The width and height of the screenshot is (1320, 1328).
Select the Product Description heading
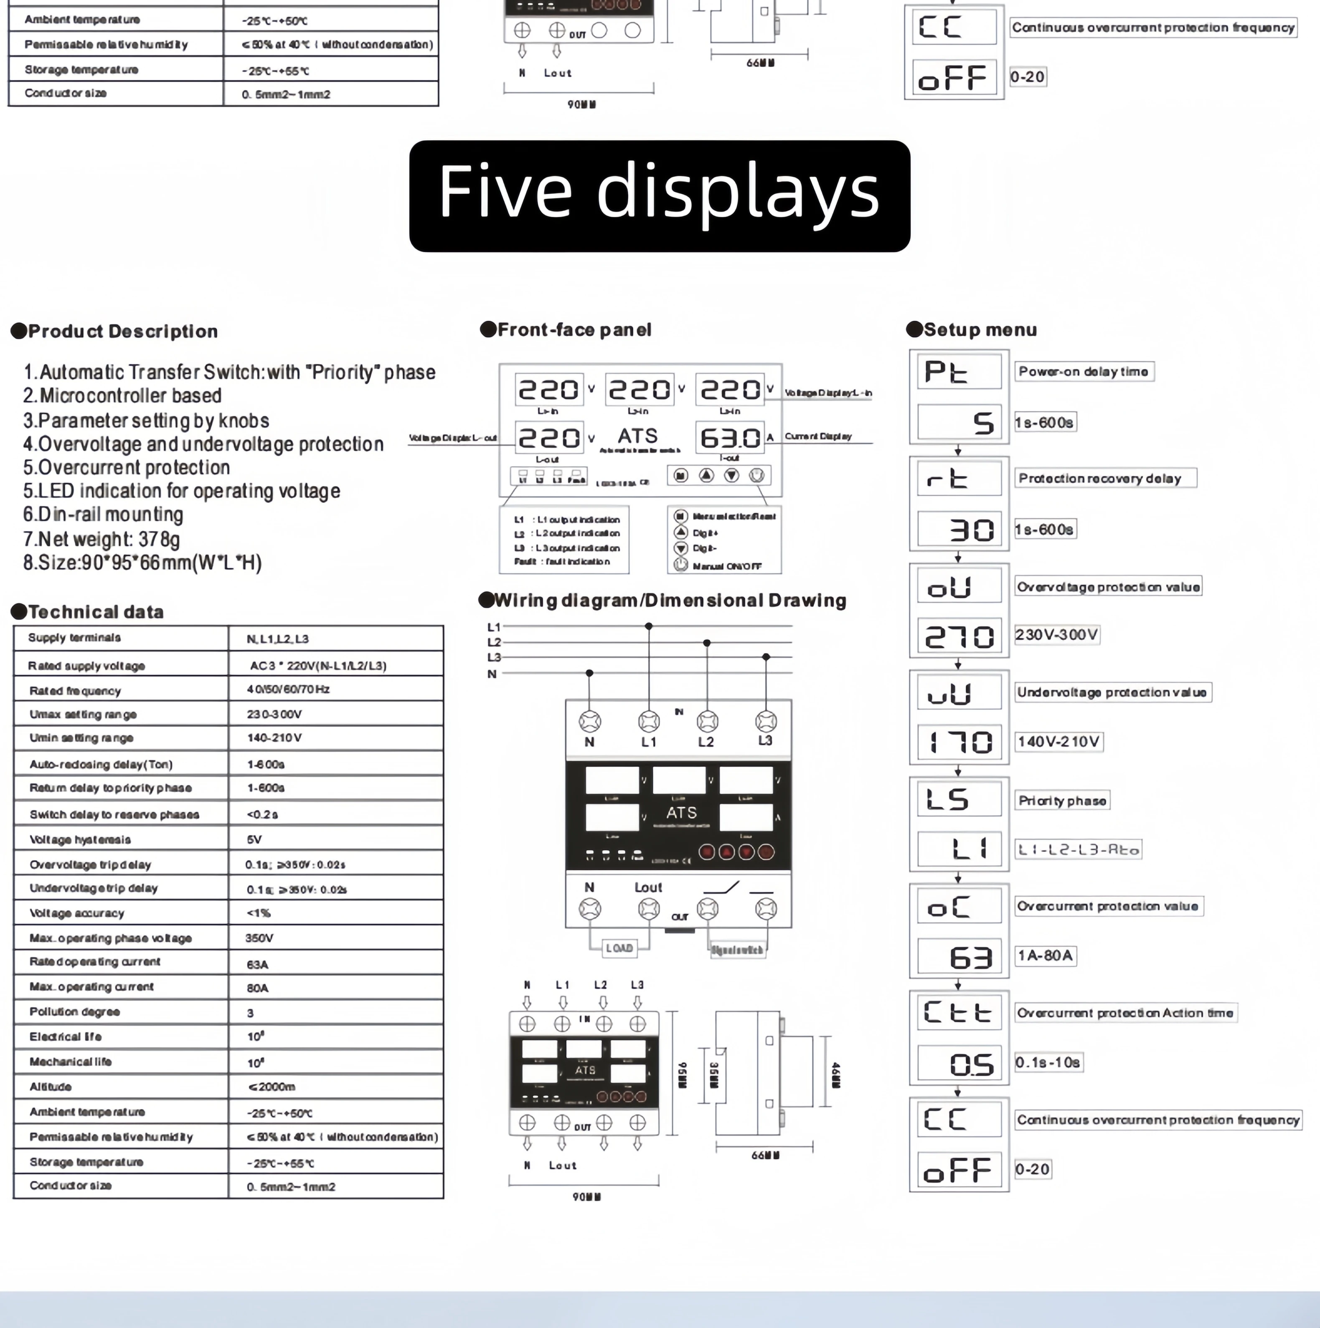tap(122, 331)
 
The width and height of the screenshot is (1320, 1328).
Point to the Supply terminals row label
tap(74, 638)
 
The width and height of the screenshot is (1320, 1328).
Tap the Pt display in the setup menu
tap(958, 372)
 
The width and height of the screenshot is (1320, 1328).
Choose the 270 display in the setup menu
tap(958, 636)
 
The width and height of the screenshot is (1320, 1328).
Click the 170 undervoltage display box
tap(958, 743)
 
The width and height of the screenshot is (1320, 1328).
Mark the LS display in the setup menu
tap(958, 799)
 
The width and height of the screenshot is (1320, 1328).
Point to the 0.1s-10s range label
tap(1047, 1062)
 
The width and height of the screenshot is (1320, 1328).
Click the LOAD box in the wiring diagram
tap(619, 948)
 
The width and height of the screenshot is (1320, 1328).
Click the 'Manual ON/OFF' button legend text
tap(727, 566)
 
